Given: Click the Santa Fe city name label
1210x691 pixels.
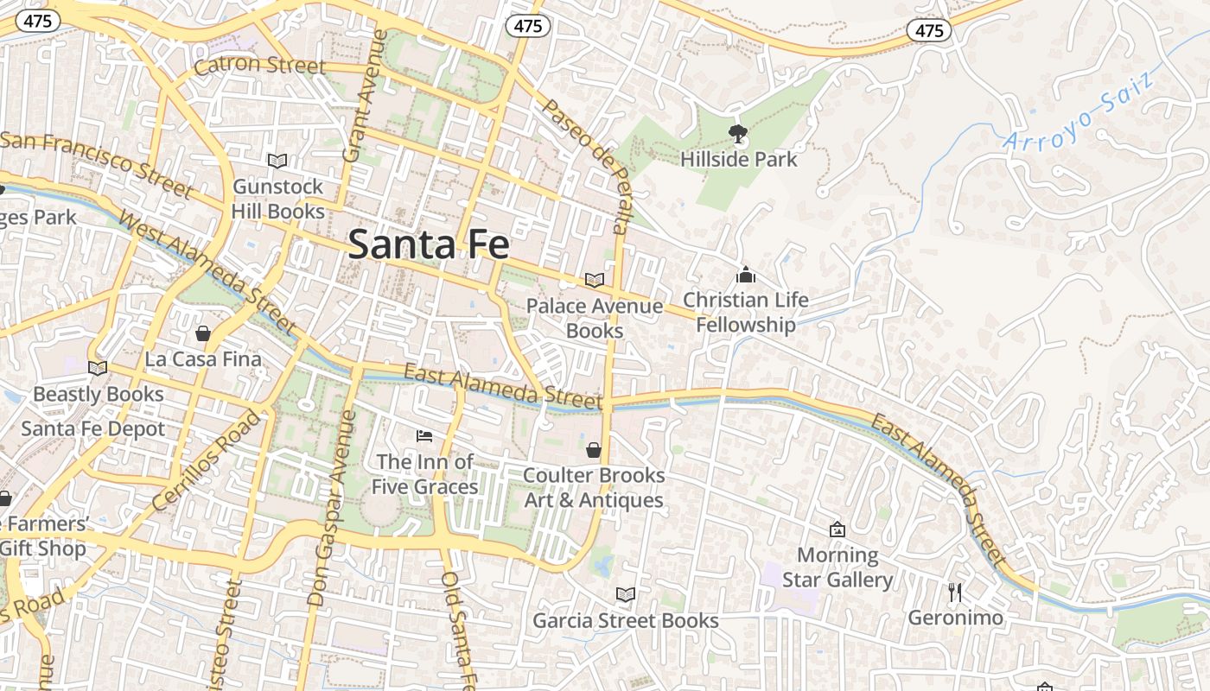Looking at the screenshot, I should pos(429,244).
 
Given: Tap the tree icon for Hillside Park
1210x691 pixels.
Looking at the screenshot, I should pos(738,134).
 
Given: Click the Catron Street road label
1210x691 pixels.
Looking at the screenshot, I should pos(259,66).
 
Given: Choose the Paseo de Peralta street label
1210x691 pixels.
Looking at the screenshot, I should pos(584,164).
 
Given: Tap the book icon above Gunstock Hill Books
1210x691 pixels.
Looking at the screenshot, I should pos(277,162).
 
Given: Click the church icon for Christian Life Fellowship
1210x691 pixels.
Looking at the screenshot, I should pos(745,276).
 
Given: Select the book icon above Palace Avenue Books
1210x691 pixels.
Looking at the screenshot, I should pos(594,280).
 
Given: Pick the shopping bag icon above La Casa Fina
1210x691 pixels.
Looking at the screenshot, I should pos(203,333).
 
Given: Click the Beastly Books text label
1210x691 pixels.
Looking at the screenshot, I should pos(98,395).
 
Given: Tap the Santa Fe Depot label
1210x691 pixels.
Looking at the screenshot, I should pos(92,429).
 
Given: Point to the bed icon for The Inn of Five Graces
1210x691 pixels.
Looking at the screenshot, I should pos(423,435).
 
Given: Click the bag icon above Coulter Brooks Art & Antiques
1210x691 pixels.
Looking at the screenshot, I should pos(594,450).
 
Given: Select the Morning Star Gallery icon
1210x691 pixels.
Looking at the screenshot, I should pos(837,529).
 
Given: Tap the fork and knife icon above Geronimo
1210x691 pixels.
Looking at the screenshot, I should pos(954,592).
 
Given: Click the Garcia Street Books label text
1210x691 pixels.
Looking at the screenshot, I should pos(625,621).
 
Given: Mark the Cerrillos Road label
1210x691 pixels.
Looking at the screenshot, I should pos(205,460).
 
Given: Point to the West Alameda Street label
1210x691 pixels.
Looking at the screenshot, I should pos(207,272).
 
